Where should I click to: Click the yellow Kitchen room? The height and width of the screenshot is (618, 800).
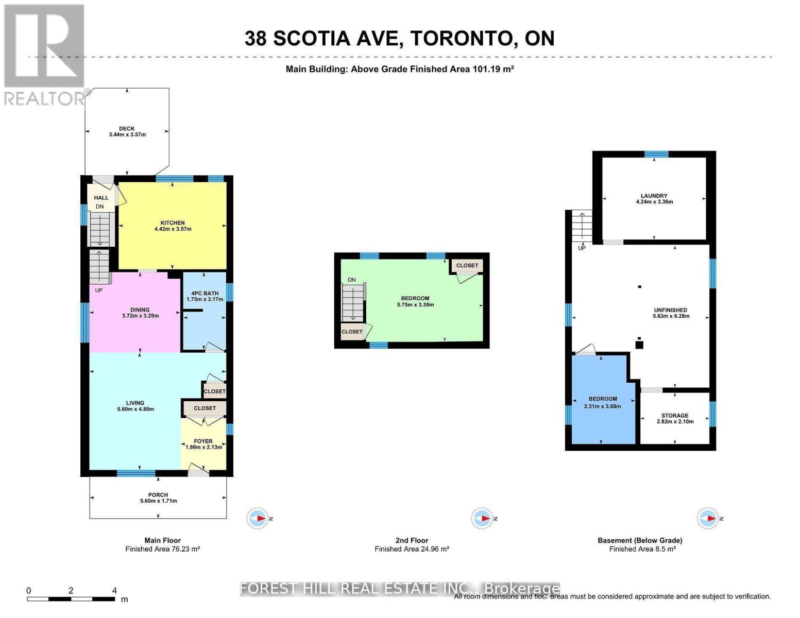pos(173,242)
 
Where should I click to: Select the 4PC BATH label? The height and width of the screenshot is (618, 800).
pos(205,294)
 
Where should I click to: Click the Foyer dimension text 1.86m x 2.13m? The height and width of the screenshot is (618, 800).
pos(204,447)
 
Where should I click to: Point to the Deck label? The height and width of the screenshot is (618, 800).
pos(127,129)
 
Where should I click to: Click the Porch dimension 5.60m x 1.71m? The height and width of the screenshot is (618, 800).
pos(158,501)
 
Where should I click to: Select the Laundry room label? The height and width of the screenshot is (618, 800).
pos(654,196)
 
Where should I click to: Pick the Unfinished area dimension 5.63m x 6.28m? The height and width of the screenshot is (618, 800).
pos(671,316)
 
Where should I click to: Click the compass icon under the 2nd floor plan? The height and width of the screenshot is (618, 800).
pos(482,518)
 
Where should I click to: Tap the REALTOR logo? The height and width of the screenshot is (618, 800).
pos(44,54)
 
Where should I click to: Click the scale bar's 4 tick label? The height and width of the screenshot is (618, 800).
pos(114,591)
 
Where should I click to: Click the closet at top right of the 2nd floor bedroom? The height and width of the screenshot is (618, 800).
pos(467,266)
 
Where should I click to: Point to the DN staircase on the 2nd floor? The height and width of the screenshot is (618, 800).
pos(352,304)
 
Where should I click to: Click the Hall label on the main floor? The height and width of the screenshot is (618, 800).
pos(101,198)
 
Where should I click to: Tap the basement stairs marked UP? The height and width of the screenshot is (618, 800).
pos(582,227)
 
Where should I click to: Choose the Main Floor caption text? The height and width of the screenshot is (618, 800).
pos(162,540)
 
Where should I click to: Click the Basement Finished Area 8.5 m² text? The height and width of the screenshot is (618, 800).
pos(642,549)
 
